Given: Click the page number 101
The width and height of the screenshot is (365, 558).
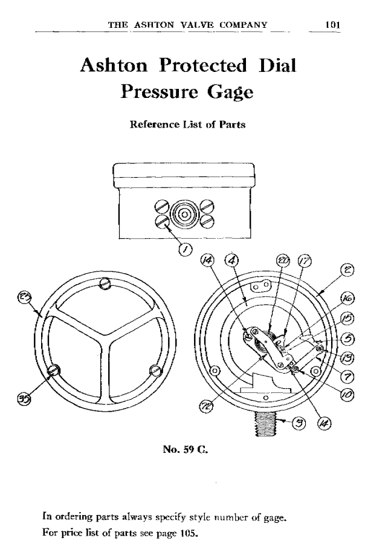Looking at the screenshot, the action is (x=332, y=25).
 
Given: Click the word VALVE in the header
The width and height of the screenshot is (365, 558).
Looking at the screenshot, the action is (x=197, y=25).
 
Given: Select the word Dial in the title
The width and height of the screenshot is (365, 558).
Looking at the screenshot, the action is (x=277, y=65).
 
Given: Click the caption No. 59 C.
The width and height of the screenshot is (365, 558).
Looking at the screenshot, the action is (x=186, y=449).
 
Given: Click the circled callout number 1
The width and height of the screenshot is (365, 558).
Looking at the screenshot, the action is (x=185, y=250).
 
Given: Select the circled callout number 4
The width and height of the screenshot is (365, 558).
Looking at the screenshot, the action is (x=231, y=260).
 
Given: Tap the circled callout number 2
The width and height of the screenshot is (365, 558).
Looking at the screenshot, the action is (x=347, y=270).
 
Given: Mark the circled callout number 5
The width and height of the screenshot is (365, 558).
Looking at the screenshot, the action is (x=347, y=339).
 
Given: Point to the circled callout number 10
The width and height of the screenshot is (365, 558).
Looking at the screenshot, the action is (x=346, y=394).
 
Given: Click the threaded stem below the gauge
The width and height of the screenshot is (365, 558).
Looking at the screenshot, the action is (x=266, y=423).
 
